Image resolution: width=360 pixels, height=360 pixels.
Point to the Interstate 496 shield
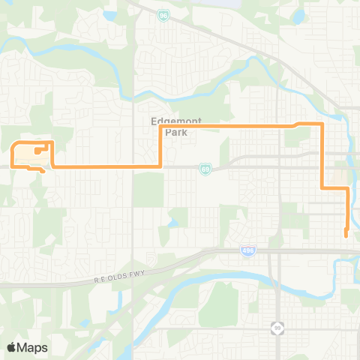[247, 250]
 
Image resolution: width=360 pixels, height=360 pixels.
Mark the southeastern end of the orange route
[346, 235]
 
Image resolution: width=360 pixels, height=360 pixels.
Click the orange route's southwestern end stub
[43, 172]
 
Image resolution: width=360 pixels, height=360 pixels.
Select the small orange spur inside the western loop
[37, 149]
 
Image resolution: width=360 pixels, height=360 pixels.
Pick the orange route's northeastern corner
[322, 124]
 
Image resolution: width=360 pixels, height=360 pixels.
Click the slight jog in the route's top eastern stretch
[297, 124]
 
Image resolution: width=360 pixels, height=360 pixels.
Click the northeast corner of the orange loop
[52, 141]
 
